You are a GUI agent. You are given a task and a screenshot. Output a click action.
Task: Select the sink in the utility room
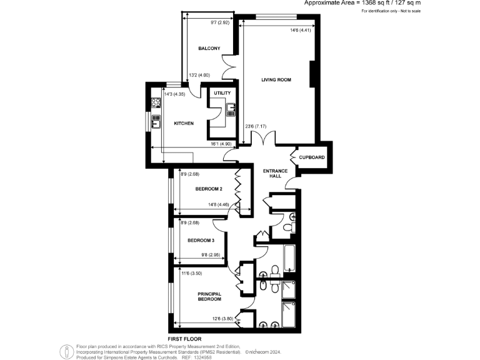[229, 113]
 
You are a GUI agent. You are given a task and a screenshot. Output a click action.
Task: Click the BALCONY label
[208, 49]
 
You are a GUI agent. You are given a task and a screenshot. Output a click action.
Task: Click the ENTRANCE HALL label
[275, 173]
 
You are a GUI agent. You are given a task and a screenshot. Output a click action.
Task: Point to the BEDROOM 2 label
[209, 188]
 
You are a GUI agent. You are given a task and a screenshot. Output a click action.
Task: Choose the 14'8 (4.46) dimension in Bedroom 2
[222, 204]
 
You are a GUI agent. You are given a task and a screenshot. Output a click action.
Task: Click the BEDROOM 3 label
[201, 241]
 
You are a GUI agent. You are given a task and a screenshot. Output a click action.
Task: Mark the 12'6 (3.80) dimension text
[222, 319]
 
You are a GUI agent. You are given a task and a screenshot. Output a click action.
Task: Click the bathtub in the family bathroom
[290, 258]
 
